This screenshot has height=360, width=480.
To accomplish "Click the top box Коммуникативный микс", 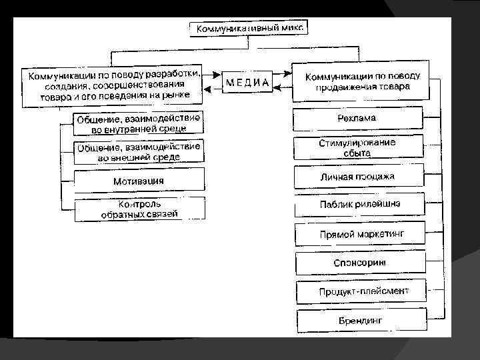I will pyautogui.click(x=249, y=29).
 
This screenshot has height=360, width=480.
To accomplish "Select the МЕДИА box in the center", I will pyautogui.click(x=247, y=82).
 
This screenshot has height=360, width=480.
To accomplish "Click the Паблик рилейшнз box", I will pyautogui.click(x=361, y=204).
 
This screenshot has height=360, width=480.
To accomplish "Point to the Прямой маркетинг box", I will pyautogui.click(x=361, y=235).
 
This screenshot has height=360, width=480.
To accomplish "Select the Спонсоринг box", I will pyautogui.click(x=361, y=263).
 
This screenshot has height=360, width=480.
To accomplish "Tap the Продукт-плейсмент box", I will pyautogui.click(x=361, y=291).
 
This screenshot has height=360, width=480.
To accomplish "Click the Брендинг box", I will pyautogui.click(x=361, y=320).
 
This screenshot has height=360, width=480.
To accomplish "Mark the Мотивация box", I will pyautogui.click(x=139, y=181).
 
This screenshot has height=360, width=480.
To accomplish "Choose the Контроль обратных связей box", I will pyautogui.click(x=139, y=209).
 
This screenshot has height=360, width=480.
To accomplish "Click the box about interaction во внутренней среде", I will pyautogui.click(x=139, y=123).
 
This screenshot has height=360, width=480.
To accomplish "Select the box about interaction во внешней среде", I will pyautogui.click(x=139, y=152).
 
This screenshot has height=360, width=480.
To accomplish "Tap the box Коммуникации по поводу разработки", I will pyautogui.click(x=114, y=85).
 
